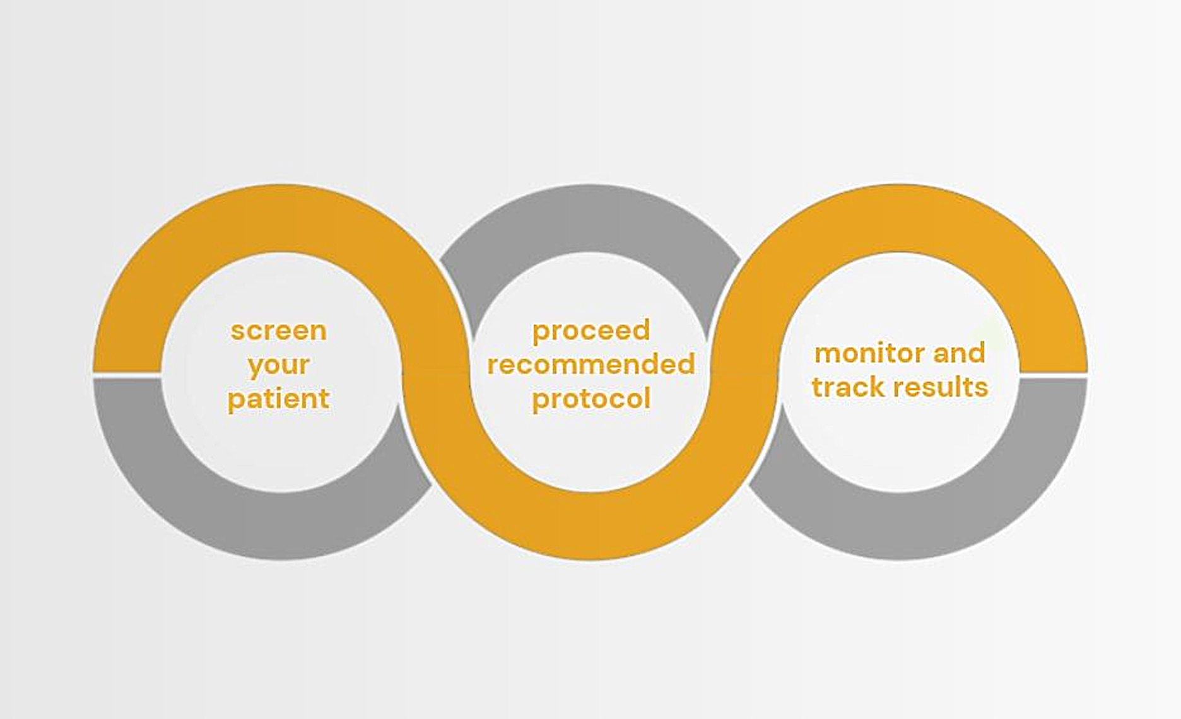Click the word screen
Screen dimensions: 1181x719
click(x=279, y=331)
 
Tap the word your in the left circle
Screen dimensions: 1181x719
click(x=278, y=366)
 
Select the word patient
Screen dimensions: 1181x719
click(x=278, y=399)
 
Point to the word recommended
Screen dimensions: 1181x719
click(x=591, y=365)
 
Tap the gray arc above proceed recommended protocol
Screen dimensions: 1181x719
click(x=590, y=218)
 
